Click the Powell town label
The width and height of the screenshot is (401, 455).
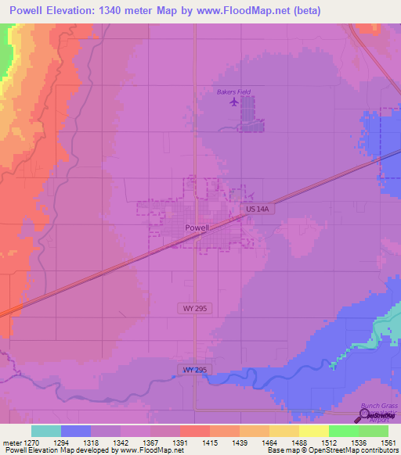(197, 227)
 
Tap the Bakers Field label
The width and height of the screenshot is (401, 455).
(233, 91)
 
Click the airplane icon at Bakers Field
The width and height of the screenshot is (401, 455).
(233, 102)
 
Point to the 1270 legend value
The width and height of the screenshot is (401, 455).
(30, 442)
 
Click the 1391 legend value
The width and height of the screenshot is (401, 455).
(179, 442)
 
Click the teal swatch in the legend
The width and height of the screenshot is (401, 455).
(46, 431)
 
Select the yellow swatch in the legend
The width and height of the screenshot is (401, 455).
(313, 431)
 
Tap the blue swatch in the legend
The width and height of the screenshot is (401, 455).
(76, 431)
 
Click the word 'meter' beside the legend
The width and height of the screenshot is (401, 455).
(11, 442)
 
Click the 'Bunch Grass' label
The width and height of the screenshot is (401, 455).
(379, 407)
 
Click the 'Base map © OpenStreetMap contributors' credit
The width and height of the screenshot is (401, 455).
(332, 450)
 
